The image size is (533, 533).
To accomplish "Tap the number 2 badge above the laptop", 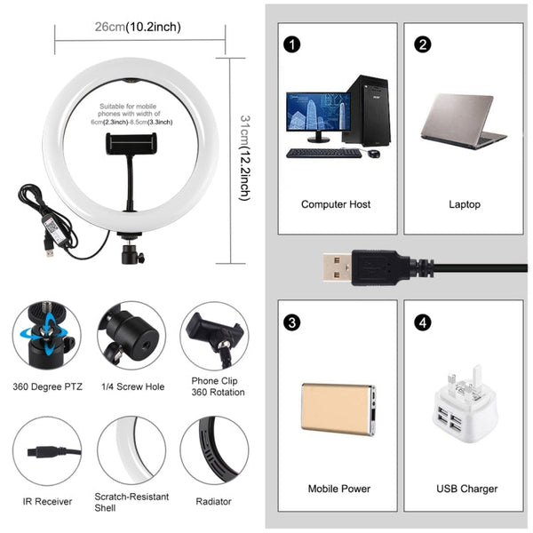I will [423, 44].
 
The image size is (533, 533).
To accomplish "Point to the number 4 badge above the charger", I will [423, 321].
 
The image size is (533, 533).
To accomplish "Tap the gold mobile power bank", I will [336, 409].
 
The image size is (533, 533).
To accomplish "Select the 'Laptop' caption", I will [464, 204].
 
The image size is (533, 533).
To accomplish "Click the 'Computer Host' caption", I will [336, 204].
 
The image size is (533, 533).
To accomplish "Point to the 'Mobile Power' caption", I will [338, 489].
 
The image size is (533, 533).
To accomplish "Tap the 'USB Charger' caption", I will [467, 489].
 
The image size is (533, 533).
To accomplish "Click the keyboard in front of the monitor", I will [323, 153].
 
